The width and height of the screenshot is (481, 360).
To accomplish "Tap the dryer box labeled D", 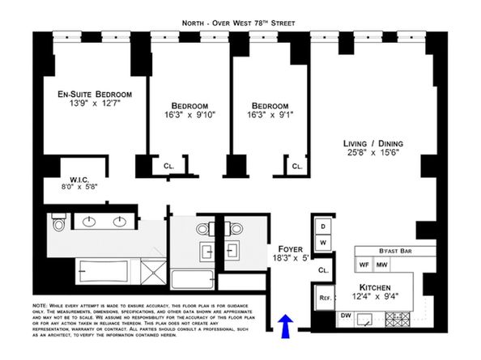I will tap(322, 227).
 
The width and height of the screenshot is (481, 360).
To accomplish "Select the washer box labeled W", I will tap(322, 242).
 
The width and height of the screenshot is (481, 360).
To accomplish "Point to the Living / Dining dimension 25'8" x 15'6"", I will tap(372, 155).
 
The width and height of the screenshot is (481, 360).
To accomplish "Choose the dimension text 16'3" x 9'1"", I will tap(270, 116).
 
